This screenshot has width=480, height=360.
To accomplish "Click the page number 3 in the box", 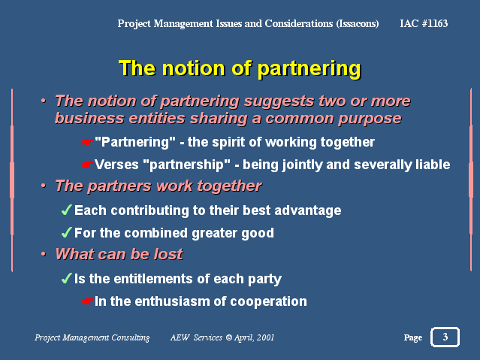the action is (x=445, y=337).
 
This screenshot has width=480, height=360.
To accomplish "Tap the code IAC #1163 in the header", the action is (x=424, y=23).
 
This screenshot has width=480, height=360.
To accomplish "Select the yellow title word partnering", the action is (x=309, y=68).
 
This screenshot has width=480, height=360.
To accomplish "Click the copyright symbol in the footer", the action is (x=229, y=337).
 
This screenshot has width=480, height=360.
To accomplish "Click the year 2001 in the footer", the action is (x=265, y=337).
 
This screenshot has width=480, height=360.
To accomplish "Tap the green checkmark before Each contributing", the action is (x=67, y=210).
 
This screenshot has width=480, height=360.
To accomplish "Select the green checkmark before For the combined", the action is (x=67, y=232).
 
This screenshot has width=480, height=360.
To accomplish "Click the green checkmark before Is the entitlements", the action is (x=67, y=278).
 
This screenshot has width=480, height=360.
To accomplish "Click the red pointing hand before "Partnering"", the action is (x=88, y=142).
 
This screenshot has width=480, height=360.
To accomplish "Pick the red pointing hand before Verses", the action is (x=88, y=165).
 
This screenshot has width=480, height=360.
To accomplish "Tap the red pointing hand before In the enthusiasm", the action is (x=88, y=301).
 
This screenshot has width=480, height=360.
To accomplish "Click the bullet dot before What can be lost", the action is (x=44, y=254).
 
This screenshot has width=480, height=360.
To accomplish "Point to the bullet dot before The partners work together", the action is (x=44, y=186).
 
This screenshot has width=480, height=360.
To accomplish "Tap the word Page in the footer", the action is (x=413, y=337).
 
